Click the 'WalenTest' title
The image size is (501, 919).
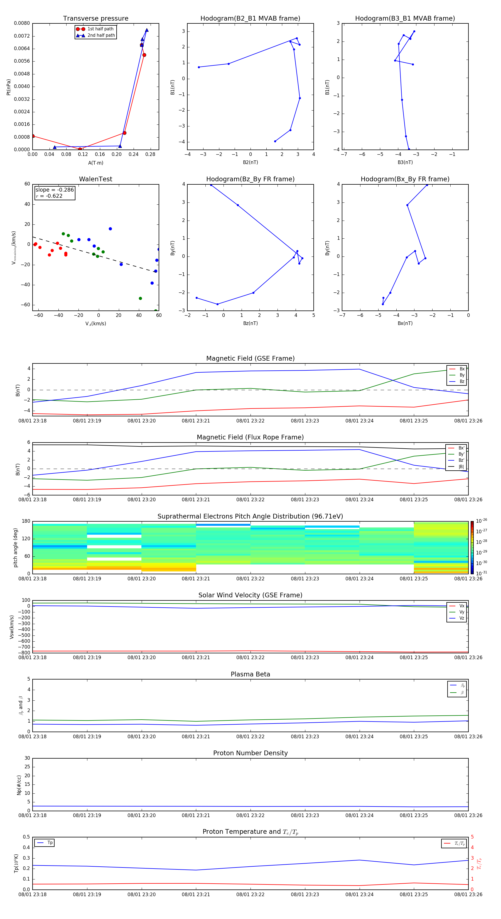[x=95, y=179]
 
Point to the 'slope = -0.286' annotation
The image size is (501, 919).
[x=55, y=190]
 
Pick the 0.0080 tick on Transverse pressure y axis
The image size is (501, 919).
[x=22, y=23]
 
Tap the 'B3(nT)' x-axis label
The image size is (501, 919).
[x=405, y=162]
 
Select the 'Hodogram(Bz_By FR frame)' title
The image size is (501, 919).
[x=250, y=179]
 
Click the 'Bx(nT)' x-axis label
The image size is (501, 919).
[x=405, y=323]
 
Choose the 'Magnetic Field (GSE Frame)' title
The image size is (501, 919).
[x=250, y=358]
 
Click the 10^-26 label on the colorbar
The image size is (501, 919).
[x=482, y=521]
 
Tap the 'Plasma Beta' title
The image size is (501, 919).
[x=250, y=674]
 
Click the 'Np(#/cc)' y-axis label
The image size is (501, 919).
[x=19, y=785]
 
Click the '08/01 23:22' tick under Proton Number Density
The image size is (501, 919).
[x=250, y=815]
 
